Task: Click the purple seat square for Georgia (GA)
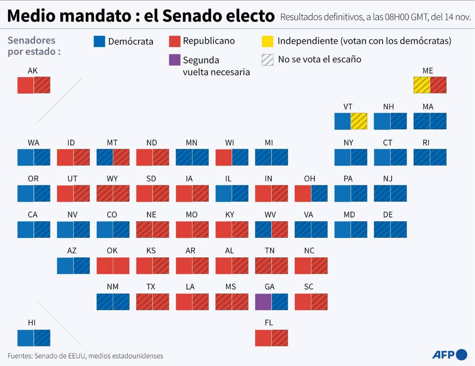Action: tap(263, 302)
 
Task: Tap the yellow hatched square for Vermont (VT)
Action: tap(359, 121)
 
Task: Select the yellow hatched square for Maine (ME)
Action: tap(422, 85)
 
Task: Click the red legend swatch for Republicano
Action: tap(174, 41)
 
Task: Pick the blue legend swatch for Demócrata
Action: tap(99, 41)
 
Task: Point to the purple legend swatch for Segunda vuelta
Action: tap(174, 60)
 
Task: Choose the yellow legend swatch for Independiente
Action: tap(267, 41)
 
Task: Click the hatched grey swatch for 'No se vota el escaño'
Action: tap(267, 60)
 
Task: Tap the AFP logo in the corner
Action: tap(449, 355)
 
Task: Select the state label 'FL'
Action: tap(269, 323)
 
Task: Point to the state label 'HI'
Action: tap(32, 323)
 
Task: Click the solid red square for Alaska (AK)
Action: tap(25, 85)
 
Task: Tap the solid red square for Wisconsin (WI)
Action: tap(223, 157)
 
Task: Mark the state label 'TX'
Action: tap(151, 287)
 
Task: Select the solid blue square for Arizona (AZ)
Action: tap(65, 266)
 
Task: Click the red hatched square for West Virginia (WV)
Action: tap(280, 229)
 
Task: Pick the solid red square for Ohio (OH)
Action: tap(303, 194)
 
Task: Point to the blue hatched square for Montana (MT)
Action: tap(105, 157)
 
